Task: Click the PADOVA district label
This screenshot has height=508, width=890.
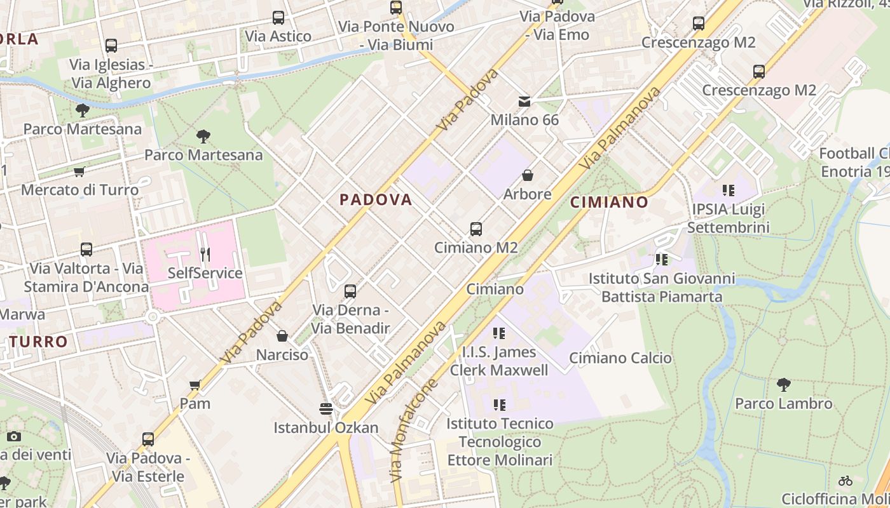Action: click(376, 200)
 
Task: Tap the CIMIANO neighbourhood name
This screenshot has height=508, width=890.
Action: click(609, 203)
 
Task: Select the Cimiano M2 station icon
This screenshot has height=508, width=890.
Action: click(476, 229)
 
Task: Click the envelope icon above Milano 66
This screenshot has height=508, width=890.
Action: click(524, 102)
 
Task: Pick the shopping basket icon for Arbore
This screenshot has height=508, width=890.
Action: click(527, 175)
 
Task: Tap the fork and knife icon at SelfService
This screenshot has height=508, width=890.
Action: click(205, 255)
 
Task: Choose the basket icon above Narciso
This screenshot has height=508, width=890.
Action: click(282, 336)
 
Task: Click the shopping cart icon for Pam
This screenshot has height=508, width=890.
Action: click(195, 385)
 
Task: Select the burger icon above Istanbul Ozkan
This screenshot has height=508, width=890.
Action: click(326, 408)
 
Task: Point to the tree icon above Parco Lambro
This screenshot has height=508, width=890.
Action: click(783, 384)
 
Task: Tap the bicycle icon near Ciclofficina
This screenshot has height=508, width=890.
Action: click(845, 481)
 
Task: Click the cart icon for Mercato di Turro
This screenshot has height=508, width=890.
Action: click(79, 171)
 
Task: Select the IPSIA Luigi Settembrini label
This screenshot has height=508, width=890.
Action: click(728, 218)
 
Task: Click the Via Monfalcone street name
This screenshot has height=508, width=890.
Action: click(414, 431)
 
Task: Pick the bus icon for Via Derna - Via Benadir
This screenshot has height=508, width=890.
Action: click(350, 291)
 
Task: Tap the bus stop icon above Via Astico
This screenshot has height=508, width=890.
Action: click(278, 18)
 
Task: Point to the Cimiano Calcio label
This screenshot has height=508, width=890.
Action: click(620, 358)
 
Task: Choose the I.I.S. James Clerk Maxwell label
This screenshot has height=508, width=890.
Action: click(499, 361)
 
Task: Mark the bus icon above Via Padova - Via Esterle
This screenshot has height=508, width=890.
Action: click(148, 439)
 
